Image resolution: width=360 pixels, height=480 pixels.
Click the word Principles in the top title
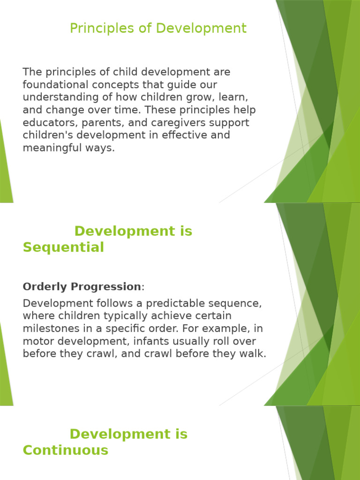point(102,29)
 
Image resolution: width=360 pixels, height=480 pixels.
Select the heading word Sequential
point(63,247)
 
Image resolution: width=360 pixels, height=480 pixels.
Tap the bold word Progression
point(106,287)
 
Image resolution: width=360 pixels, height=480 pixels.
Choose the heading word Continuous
point(66,450)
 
